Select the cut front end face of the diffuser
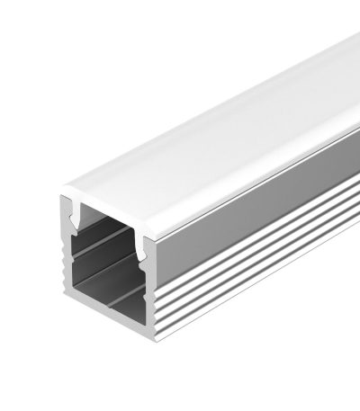coord(108,205)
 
